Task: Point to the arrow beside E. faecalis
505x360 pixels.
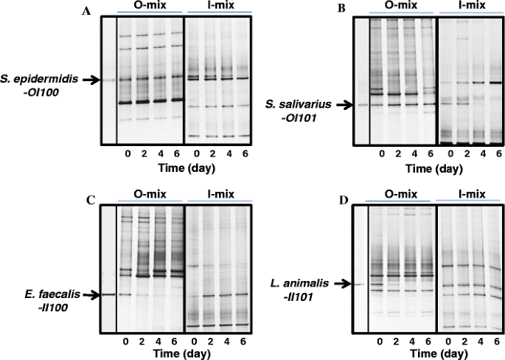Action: click(x=88, y=294)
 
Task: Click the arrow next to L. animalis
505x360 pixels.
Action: click(x=337, y=283)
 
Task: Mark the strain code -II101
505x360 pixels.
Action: click(x=302, y=294)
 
